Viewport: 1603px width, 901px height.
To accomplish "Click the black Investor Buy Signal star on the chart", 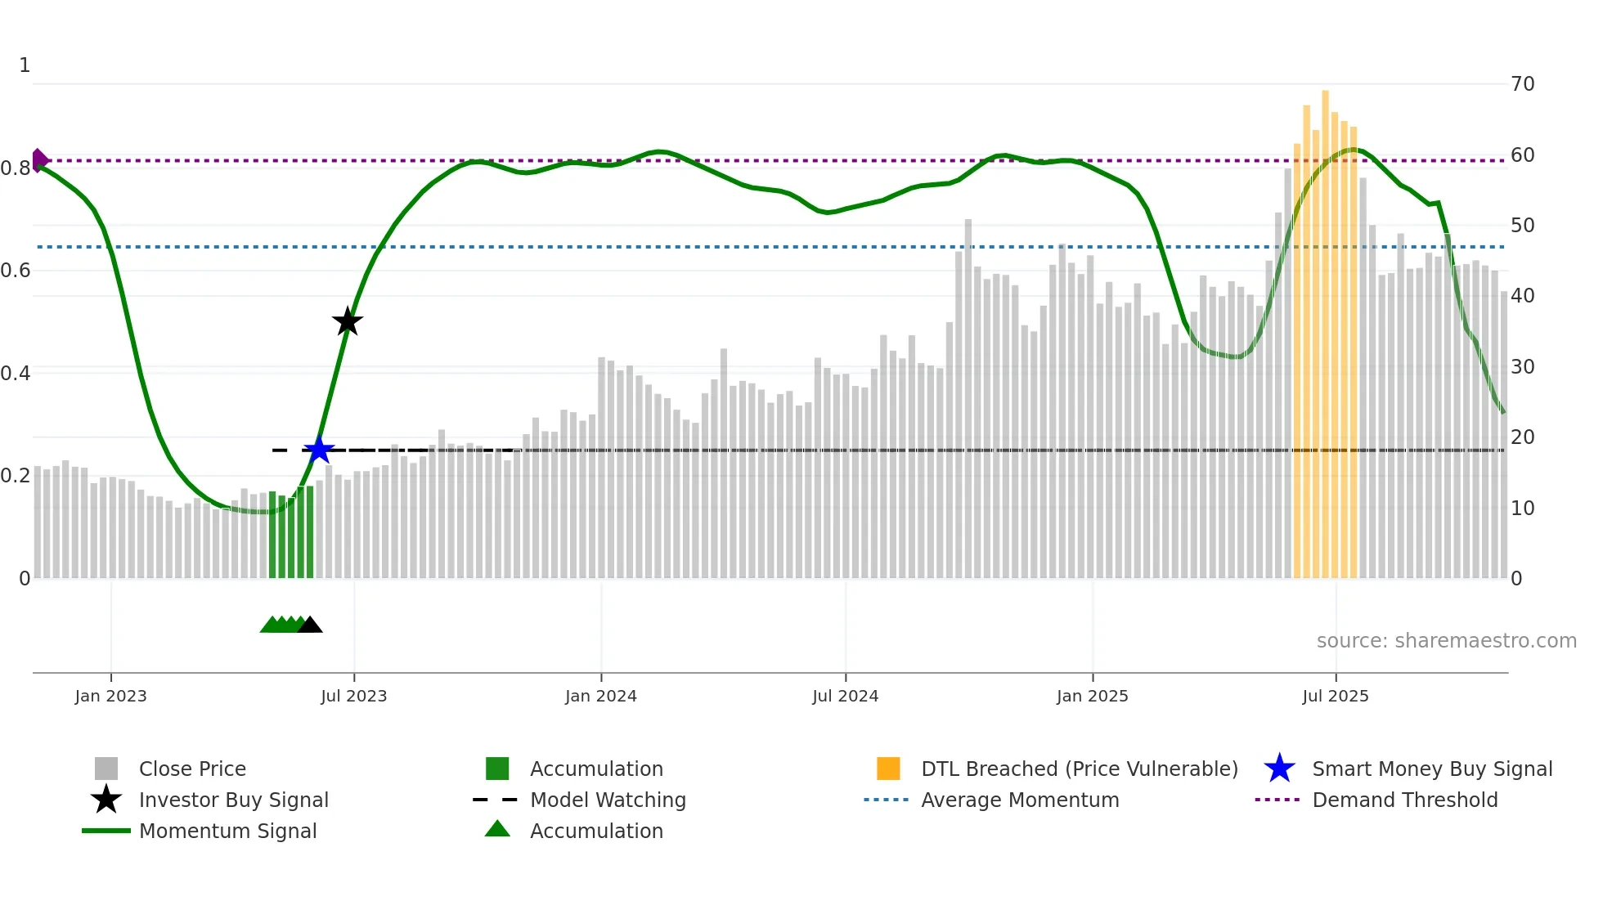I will (348, 322).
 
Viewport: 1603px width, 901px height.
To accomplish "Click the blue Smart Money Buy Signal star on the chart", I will (319, 450).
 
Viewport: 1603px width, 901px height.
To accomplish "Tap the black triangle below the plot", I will (310, 625).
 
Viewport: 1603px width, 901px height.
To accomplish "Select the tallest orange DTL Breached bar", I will (1325, 327).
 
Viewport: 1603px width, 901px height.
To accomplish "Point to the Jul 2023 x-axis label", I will (353, 696).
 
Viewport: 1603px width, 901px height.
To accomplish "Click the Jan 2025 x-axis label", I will (1092, 696).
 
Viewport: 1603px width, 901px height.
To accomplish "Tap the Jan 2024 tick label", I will (600, 696).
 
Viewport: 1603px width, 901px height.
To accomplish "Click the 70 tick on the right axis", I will (1522, 83).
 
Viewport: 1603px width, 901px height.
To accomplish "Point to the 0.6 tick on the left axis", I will (15, 271).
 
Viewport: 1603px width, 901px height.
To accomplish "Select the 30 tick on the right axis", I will (1522, 366).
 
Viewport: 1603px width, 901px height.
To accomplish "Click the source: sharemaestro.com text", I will (1446, 641).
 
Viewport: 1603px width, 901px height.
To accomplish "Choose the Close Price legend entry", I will (191, 769).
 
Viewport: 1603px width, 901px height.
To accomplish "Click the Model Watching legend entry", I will (607, 800).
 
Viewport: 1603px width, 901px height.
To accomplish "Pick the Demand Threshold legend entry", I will (1404, 800).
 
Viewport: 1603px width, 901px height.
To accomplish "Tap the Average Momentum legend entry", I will (1019, 800).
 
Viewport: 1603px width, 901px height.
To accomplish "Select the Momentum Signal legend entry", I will (227, 831).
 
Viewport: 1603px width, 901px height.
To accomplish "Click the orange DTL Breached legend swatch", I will (888, 769).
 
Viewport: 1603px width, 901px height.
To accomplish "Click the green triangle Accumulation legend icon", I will (497, 829).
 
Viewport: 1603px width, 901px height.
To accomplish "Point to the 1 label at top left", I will (25, 65).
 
